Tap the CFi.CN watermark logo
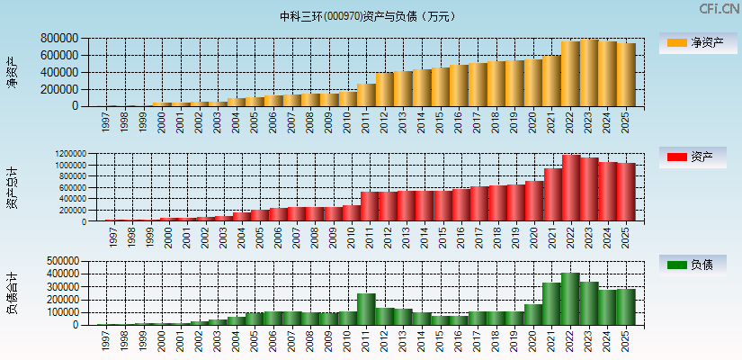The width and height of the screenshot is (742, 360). tap(720, 9)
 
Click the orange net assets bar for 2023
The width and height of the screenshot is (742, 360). tap(589, 74)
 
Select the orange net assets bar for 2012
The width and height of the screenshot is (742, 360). tap(385, 90)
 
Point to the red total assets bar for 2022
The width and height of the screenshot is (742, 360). tap(571, 189)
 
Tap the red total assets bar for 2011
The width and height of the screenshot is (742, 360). tap(369, 207)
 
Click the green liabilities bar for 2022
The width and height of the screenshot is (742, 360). tap(571, 300)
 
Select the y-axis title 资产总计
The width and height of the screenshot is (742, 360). tap(12, 188)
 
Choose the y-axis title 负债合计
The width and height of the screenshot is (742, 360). tap(12, 292)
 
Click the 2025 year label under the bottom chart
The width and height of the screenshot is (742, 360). tap(626, 338)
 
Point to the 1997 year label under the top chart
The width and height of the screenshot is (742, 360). tap(105, 121)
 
